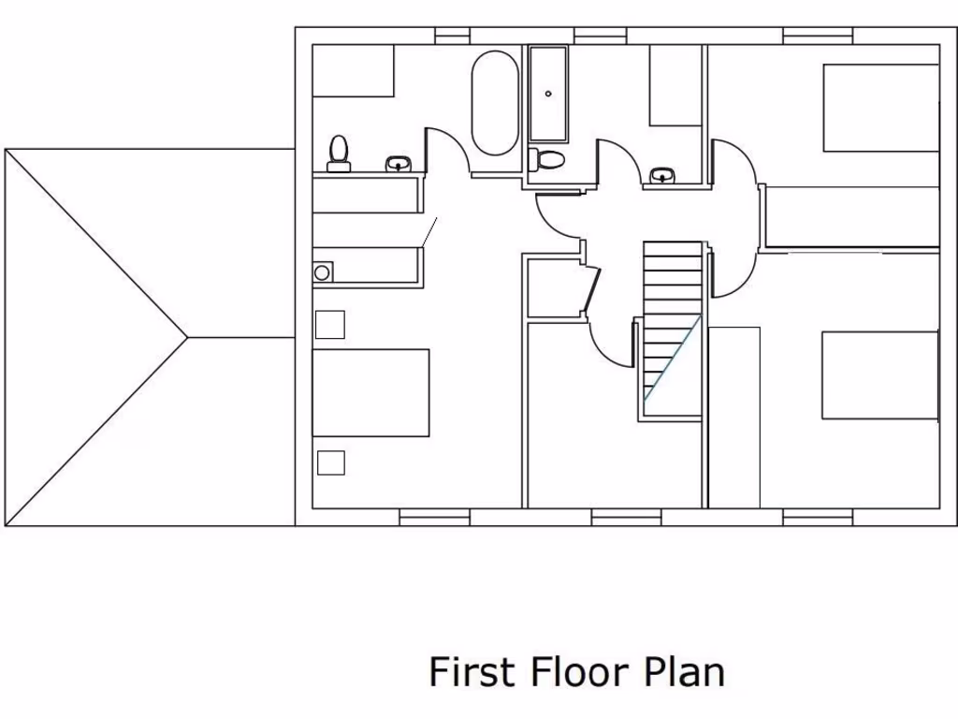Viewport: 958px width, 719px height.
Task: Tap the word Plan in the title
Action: pyautogui.click(x=685, y=672)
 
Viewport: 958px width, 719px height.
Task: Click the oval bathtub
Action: pyautogui.click(x=494, y=103)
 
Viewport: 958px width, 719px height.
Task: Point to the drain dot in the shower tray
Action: pyautogui.click(x=548, y=94)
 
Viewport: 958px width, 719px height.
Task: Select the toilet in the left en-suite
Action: pyautogui.click(x=339, y=154)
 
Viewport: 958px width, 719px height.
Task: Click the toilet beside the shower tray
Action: pyautogui.click(x=546, y=159)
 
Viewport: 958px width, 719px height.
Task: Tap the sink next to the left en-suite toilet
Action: pyautogui.click(x=399, y=165)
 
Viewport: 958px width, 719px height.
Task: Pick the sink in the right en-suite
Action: pyautogui.click(x=663, y=175)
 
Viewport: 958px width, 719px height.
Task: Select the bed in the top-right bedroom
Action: pyautogui.click(x=880, y=108)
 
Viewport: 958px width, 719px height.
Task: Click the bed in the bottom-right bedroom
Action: pyautogui.click(x=879, y=375)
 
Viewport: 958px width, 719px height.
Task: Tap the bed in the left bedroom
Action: pyautogui.click(x=370, y=392)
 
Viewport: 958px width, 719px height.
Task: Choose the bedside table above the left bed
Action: pyautogui.click(x=329, y=324)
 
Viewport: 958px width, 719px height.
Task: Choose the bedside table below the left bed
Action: pyautogui.click(x=330, y=462)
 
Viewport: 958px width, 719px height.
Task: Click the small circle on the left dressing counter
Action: pyautogui.click(x=322, y=272)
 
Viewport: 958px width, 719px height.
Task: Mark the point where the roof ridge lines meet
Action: pyautogui.click(x=187, y=337)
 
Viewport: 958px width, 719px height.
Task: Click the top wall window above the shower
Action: pyautogui.click(x=600, y=36)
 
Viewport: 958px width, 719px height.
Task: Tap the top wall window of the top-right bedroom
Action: pyautogui.click(x=818, y=36)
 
